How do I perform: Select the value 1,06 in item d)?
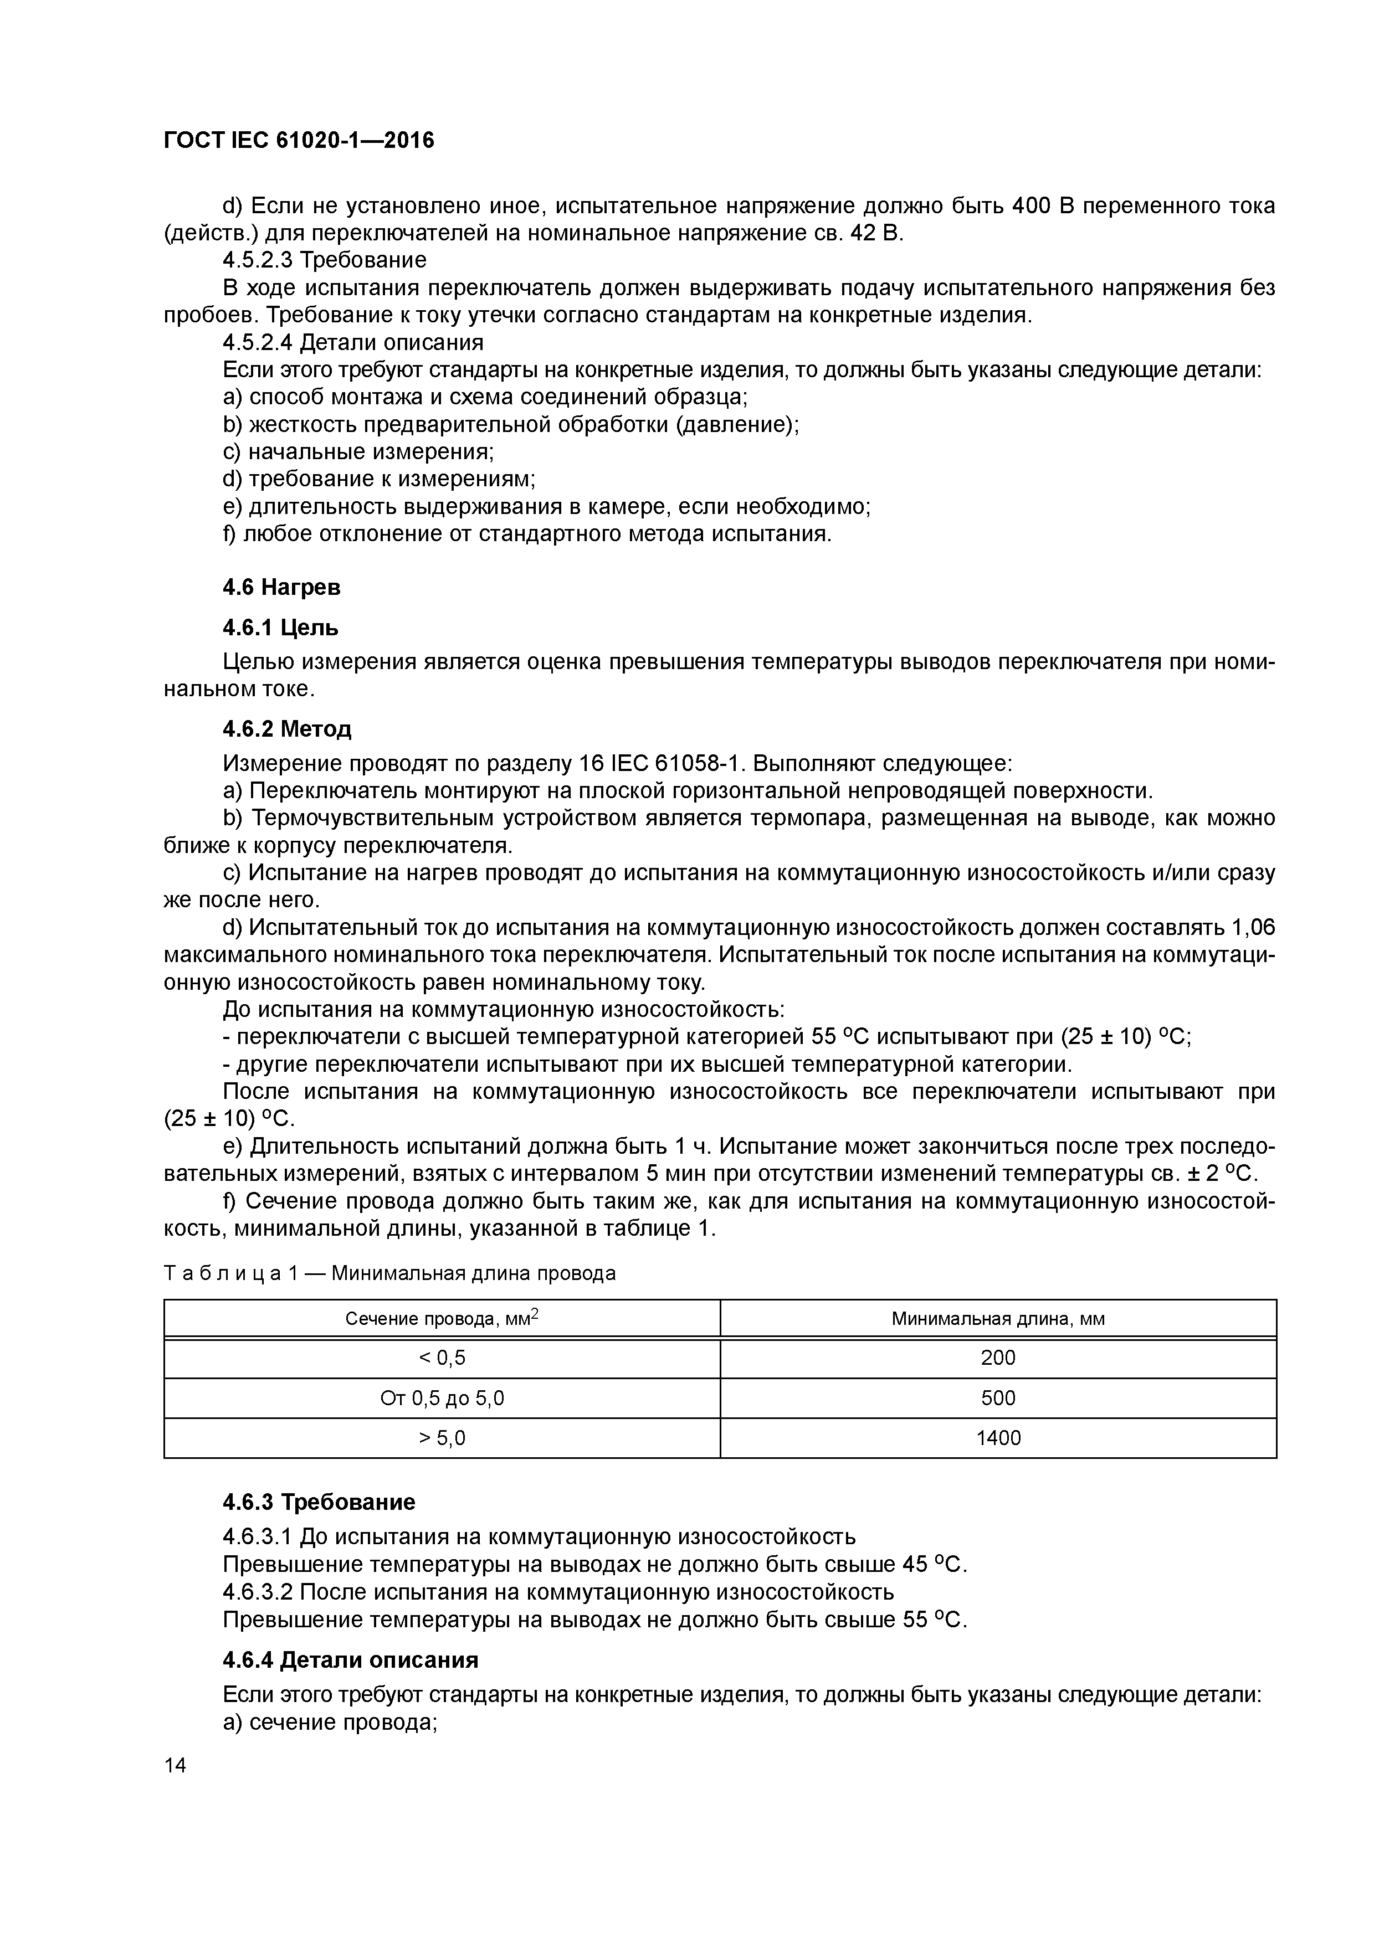pyautogui.click(x=1251, y=928)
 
